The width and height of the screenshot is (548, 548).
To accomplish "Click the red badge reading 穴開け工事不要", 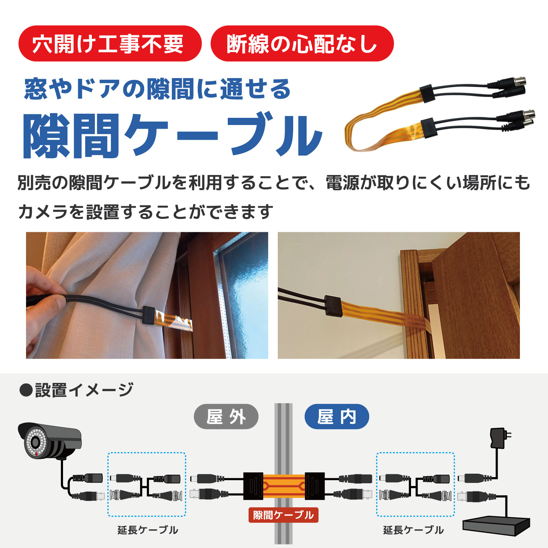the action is coord(110,43).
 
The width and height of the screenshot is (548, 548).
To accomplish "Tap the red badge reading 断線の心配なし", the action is coord(302,43).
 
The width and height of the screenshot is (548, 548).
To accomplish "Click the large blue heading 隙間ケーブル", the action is coord(173,135).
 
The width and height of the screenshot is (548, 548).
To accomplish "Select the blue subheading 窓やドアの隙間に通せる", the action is coord(157,89).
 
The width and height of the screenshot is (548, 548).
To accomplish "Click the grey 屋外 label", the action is coord(226,416).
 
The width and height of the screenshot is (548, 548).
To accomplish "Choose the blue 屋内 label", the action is coord(337,416).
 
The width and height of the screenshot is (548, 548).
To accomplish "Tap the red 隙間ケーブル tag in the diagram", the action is coord(284,515).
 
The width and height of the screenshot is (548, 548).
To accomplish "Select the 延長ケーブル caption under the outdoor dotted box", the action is coord(148,530).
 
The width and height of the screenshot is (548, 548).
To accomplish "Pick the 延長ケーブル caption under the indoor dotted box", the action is coord(413,530).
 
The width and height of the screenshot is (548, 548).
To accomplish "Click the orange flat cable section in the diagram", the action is coord(284,486).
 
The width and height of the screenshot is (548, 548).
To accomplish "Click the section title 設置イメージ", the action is coord(84,390).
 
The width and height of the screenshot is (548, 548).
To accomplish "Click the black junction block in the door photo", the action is coord(333,306).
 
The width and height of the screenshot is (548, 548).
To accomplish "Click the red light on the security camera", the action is coord(36,454).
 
